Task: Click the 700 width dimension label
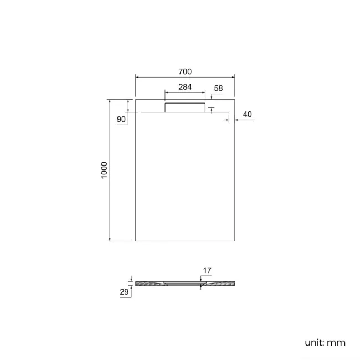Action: point(185,72)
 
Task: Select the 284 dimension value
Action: point(185,87)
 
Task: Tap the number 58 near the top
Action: point(218,88)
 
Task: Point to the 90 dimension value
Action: point(121,119)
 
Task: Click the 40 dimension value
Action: point(248,114)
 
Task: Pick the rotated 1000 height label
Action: point(104,170)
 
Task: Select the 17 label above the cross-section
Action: point(207,270)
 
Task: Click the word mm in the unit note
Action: point(336,342)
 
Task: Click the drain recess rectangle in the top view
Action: point(185,107)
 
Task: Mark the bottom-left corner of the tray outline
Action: point(136,241)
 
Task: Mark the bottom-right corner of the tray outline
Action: point(235,241)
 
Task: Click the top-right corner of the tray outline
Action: point(235,100)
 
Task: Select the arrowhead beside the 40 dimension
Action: point(237,119)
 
